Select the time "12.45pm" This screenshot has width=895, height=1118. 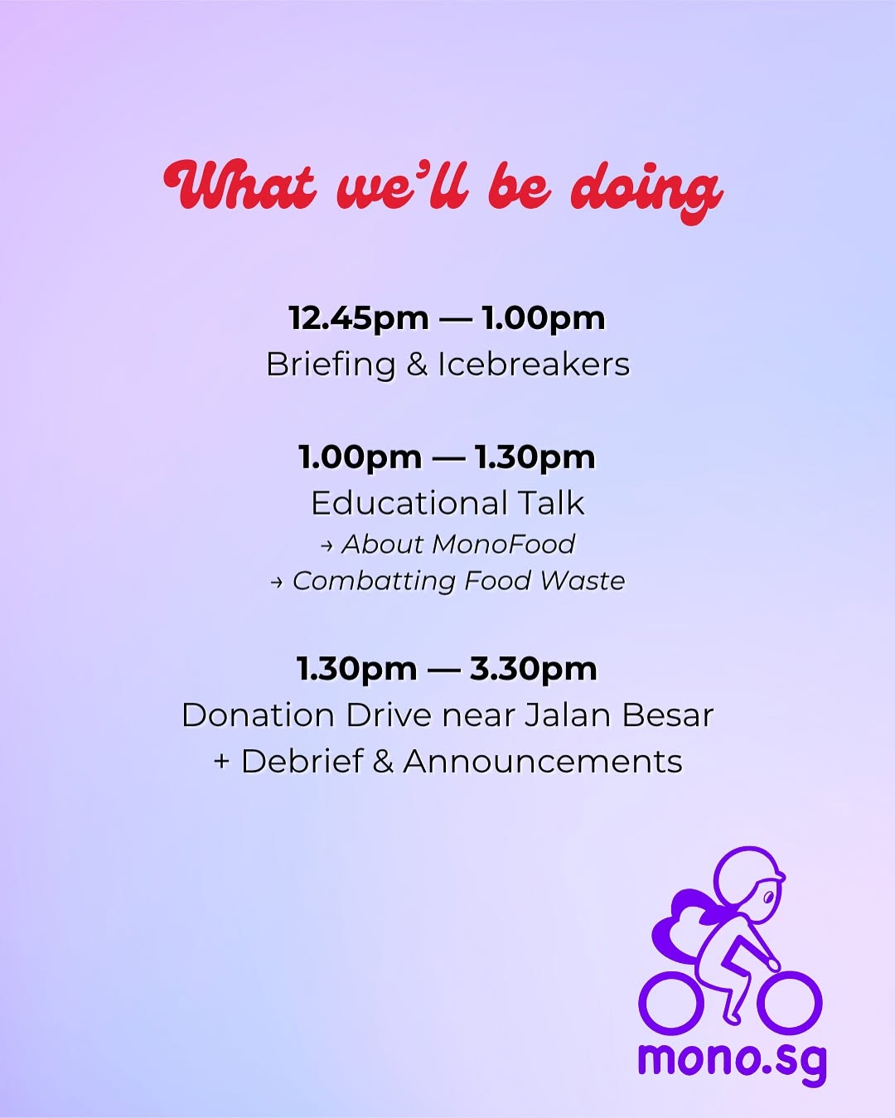pos(359,318)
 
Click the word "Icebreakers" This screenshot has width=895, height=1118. pos(534,364)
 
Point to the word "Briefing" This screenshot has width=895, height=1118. pos(331,365)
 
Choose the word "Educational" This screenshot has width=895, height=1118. pos(403,503)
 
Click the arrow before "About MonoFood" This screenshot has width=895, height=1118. pos(327,545)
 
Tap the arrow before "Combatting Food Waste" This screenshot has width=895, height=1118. pos(277,583)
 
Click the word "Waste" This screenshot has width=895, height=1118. pos(583,580)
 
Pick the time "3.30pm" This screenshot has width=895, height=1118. pos(534,670)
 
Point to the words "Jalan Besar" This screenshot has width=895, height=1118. pos(618,715)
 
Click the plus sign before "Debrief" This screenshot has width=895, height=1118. pos(222,762)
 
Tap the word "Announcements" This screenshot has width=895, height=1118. pos(542,762)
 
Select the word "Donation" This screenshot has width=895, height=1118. pos(259,715)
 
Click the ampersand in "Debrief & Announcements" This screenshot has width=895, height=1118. pos(383,762)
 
